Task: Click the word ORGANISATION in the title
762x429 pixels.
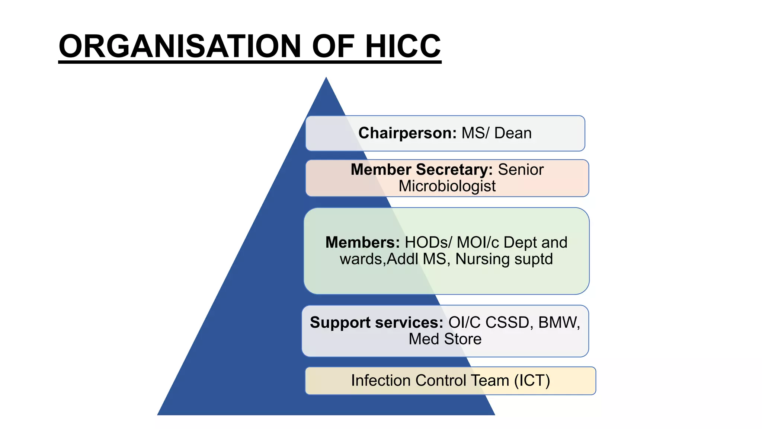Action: (x=180, y=46)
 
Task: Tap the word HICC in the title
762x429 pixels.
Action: (x=403, y=46)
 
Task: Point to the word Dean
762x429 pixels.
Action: (x=513, y=133)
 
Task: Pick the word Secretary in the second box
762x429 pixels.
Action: (x=454, y=170)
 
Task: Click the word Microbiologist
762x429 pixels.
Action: (x=447, y=186)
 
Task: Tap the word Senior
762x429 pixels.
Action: (x=521, y=169)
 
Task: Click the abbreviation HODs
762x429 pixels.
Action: (x=426, y=242)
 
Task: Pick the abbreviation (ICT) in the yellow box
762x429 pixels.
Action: (x=532, y=381)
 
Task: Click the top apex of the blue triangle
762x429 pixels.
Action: (x=326, y=77)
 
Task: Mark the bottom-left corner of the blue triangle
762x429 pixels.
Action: (x=157, y=415)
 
